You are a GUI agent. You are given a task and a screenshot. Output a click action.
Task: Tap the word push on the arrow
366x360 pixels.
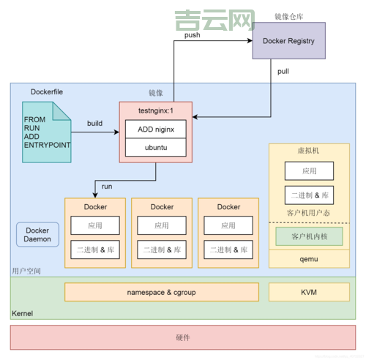click(x=193, y=34)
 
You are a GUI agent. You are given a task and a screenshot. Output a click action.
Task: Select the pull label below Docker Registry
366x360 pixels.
click(x=283, y=71)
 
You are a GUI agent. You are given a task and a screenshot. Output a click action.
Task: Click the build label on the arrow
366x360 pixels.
click(x=94, y=124)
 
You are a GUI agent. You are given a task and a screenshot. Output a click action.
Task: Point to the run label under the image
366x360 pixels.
click(x=107, y=187)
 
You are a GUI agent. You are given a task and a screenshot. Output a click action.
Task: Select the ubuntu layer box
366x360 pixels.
click(x=155, y=147)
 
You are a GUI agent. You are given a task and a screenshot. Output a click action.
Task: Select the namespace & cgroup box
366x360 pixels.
click(x=162, y=292)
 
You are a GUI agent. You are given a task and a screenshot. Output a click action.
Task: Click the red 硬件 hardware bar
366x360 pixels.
click(x=183, y=337)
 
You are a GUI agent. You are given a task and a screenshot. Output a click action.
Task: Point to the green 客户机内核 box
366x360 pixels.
click(x=308, y=236)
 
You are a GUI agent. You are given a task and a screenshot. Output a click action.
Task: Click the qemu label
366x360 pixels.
click(x=308, y=258)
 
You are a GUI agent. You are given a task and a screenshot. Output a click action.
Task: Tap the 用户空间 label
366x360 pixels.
click(x=26, y=271)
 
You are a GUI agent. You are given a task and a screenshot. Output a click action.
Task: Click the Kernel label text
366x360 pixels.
click(x=23, y=313)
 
